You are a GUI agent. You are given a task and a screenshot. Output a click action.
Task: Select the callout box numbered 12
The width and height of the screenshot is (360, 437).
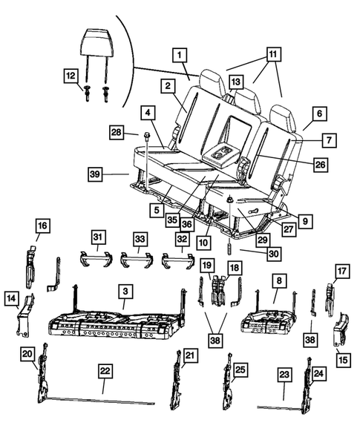70,76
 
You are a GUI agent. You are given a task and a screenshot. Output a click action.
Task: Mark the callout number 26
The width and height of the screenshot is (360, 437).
318,165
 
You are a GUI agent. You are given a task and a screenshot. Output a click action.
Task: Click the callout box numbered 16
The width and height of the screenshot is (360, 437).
42,224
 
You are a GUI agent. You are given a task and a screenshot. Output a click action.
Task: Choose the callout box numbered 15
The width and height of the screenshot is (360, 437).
342,361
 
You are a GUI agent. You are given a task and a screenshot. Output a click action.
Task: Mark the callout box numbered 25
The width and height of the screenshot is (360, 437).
240,369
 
